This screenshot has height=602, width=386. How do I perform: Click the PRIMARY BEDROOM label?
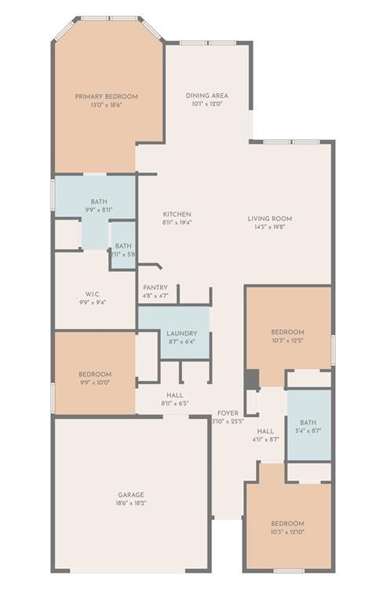click(x=107, y=96)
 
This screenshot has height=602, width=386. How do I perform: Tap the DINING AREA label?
click(x=207, y=96)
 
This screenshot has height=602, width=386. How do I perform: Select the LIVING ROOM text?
click(x=270, y=219)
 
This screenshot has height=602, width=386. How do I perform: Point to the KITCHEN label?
click(x=177, y=214)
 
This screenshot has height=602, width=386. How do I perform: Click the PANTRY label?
click(x=155, y=288)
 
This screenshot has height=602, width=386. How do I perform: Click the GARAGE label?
click(x=131, y=495)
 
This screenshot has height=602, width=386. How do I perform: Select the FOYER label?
click(x=228, y=412)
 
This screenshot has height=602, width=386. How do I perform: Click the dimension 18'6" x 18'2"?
click(x=131, y=503)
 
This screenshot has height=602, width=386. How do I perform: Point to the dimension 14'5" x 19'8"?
click(x=270, y=227)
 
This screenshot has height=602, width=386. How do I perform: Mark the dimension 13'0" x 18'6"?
click(x=107, y=105)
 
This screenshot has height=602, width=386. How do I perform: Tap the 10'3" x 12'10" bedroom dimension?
click(x=287, y=532)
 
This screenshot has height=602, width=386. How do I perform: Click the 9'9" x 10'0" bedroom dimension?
click(x=94, y=383)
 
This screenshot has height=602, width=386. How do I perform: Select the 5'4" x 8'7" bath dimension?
click(x=308, y=430)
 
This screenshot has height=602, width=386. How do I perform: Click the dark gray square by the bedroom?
click(x=251, y=379)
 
